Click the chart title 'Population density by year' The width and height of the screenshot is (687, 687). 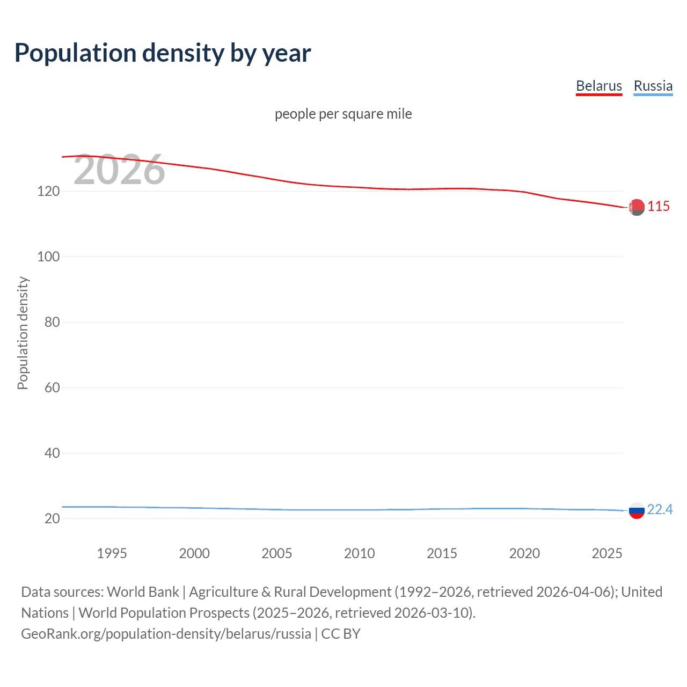[x=163, y=53]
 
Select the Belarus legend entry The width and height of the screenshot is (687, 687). [x=598, y=86]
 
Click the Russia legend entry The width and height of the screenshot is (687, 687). [x=653, y=86]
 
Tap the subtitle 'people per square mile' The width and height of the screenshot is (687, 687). [x=343, y=114]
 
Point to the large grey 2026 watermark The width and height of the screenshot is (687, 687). [x=119, y=170]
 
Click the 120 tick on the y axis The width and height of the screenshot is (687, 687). [x=48, y=191]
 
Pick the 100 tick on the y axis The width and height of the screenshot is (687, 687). [x=48, y=257]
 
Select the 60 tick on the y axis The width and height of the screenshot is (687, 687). [x=52, y=388]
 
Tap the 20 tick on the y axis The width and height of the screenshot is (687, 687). [x=52, y=518]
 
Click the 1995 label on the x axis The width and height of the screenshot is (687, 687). [x=112, y=553]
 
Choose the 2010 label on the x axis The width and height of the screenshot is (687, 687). [x=359, y=553]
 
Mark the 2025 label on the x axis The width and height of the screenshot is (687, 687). [x=606, y=553]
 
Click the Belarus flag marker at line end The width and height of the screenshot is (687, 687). [x=637, y=207]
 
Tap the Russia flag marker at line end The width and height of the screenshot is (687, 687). [x=637, y=510]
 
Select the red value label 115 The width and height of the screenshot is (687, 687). [x=659, y=206]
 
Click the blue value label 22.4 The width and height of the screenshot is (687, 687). [x=660, y=509]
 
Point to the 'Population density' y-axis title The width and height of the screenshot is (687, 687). [x=23, y=333]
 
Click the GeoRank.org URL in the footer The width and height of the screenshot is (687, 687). [x=166, y=634]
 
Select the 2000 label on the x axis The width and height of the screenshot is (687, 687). [x=194, y=553]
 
